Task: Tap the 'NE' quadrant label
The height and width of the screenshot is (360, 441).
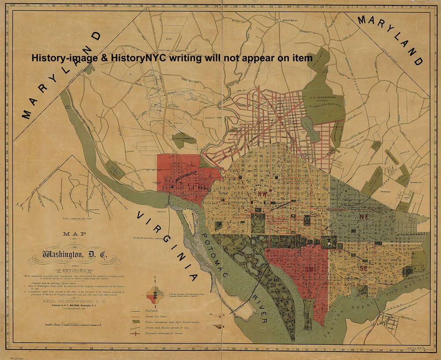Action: [x=364, y=217]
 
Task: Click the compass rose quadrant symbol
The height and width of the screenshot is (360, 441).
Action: [x=155, y=293]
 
